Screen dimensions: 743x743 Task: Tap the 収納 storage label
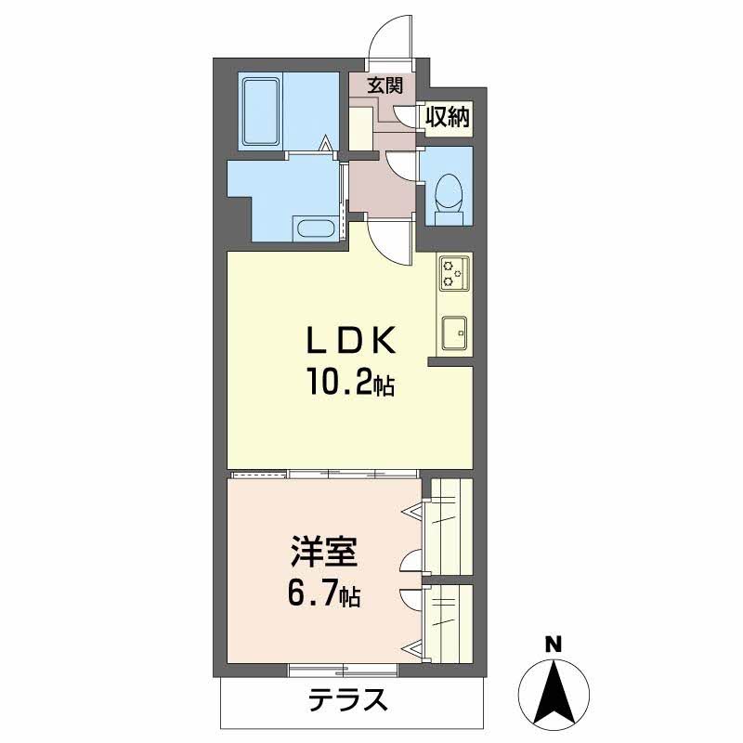coord(448,117)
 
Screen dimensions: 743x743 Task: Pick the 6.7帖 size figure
coord(321,595)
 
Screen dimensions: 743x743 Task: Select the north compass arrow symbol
coord(554,693)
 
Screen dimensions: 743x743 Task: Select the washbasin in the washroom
coord(316,228)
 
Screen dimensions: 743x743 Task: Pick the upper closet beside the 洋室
coord(448,528)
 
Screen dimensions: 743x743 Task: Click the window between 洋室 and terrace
coord(344,669)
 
